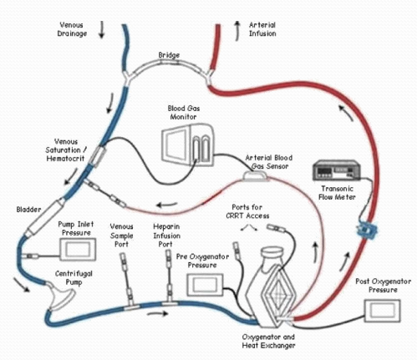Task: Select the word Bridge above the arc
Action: (169, 56)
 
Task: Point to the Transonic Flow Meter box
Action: (331, 172)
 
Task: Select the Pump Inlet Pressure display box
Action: (80, 250)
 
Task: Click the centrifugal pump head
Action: (60, 291)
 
